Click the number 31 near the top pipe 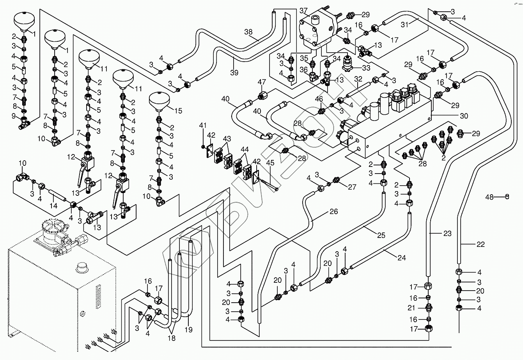point(406,24)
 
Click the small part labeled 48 point(507,196)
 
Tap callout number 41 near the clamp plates point(203,126)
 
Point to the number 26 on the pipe point(333,212)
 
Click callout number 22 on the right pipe point(480,245)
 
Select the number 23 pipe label point(447,234)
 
